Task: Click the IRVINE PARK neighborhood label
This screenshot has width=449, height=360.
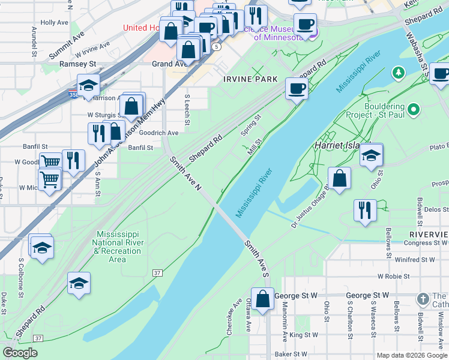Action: (250, 79)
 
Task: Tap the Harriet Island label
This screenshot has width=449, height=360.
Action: (339, 146)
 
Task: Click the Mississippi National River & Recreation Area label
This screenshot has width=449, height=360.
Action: (118, 246)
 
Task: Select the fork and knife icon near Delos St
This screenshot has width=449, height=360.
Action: (365, 211)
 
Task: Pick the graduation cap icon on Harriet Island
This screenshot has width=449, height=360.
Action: (372, 156)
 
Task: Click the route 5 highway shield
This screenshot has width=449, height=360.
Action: (215, 46)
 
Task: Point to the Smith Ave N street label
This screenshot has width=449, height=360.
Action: (185, 175)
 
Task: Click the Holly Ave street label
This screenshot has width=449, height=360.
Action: (55, 22)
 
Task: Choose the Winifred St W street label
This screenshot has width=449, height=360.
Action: (414, 260)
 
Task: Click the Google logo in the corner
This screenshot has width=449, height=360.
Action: (20, 353)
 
